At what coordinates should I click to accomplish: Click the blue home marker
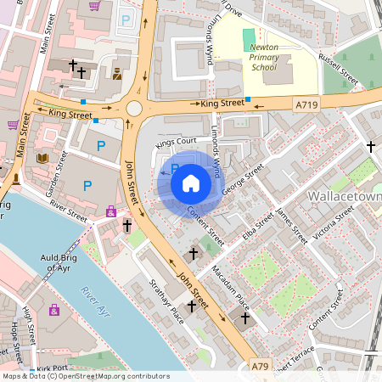[191, 183]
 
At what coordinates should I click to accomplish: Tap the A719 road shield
[307, 104]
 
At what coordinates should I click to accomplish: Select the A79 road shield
[261, 366]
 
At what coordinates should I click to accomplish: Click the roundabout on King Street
[134, 108]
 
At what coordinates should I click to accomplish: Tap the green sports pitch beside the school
[248, 39]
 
